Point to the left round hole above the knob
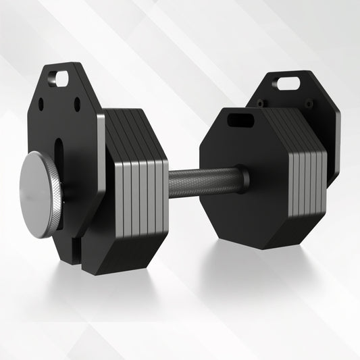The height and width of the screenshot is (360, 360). (x=41, y=105)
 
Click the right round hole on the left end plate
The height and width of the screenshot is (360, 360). (x=76, y=105)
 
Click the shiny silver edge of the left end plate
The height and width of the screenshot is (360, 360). (x=101, y=162)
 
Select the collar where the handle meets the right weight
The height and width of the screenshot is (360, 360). (x=242, y=178)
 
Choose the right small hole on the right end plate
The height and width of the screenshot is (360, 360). (x=309, y=103)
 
